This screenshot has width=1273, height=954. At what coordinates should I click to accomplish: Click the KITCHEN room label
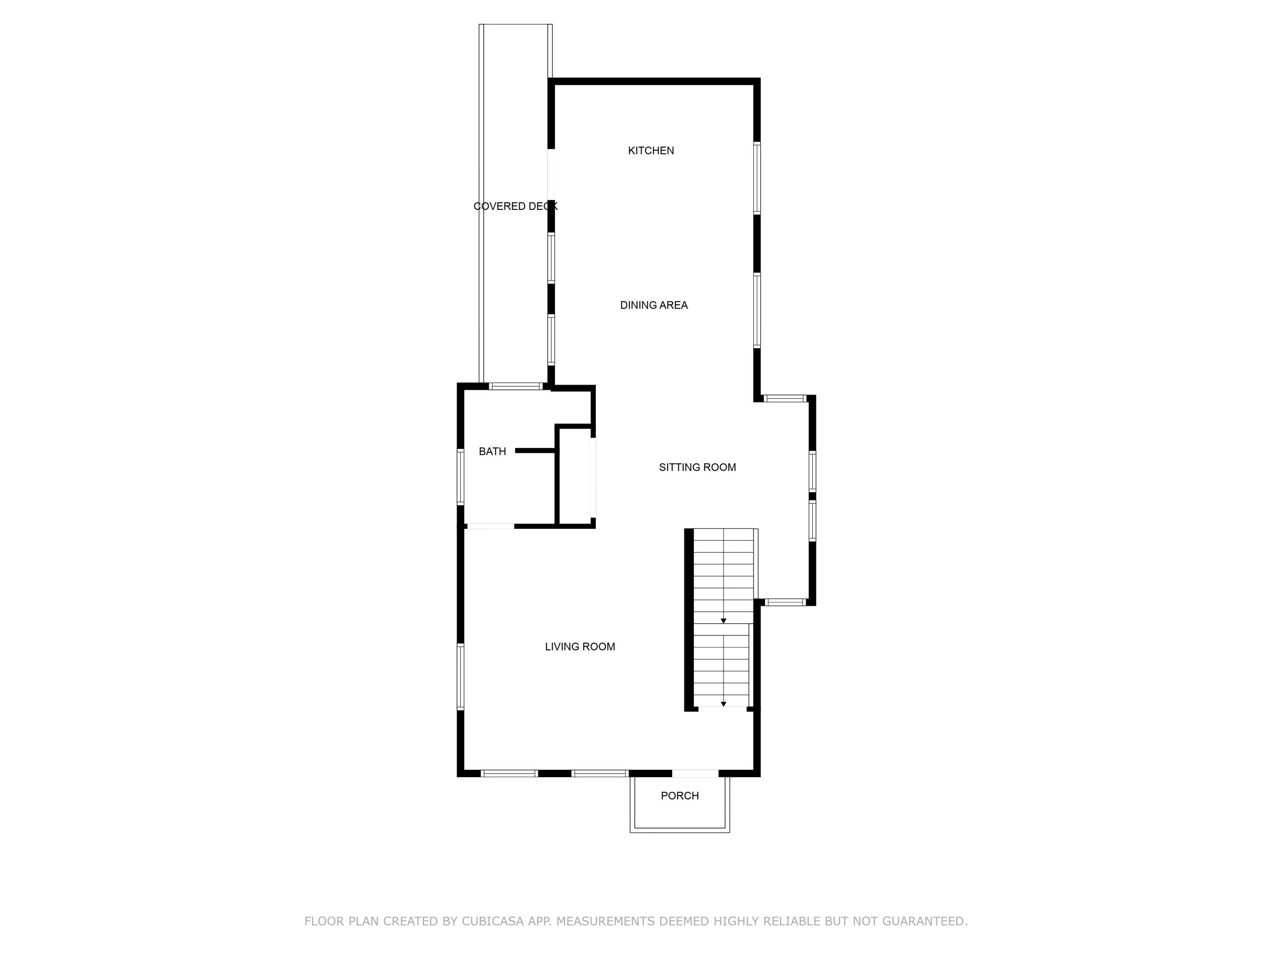point(651,151)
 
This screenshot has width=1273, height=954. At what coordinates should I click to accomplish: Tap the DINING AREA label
point(654,305)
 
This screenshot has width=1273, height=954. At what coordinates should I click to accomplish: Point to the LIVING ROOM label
point(580,647)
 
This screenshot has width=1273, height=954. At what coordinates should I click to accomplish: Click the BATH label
point(492,452)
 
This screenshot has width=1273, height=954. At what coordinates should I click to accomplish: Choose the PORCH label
point(680,796)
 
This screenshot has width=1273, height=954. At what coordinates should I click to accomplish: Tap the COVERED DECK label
point(515,206)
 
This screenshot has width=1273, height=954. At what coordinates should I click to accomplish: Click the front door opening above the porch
point(695,773)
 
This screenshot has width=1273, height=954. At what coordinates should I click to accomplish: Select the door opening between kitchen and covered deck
point(551,174)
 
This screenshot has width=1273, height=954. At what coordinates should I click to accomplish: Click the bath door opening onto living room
point(491,526)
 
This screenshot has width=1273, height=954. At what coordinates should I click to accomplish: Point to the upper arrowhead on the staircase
point(723,621)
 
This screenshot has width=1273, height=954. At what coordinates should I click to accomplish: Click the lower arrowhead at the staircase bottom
point(723,704)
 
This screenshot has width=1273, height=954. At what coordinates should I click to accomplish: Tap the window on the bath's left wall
point(460,477)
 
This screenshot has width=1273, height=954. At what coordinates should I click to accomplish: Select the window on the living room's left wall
point(460,676)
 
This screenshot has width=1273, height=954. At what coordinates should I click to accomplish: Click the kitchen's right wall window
point(757,178)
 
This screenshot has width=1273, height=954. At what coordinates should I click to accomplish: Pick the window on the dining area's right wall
point(757,310)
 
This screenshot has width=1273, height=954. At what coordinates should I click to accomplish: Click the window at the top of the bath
point(516,386)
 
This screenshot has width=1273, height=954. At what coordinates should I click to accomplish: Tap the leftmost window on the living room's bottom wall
point(509,773)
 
